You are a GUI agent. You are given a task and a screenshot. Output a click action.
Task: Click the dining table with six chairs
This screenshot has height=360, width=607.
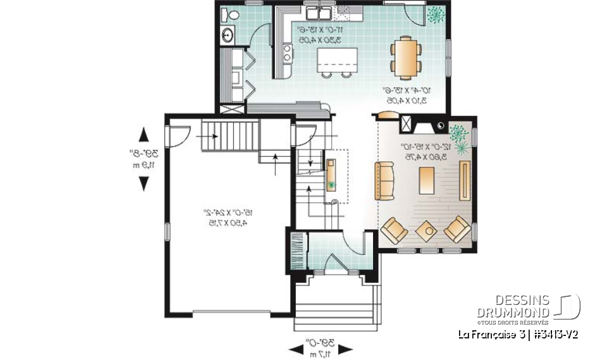tap(405, 57)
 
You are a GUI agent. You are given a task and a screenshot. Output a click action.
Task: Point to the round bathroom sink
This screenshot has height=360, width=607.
tap(226, 35)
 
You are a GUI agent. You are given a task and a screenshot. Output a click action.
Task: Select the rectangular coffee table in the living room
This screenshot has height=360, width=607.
tap(427, 180)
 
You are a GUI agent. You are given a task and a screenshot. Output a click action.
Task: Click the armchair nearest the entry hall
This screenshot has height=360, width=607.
tap(395, 230)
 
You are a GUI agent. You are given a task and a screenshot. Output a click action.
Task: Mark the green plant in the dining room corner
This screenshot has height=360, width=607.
tap(435, 14)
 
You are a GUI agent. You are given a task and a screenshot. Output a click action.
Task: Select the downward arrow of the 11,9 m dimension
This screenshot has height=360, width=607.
tap(144, 183)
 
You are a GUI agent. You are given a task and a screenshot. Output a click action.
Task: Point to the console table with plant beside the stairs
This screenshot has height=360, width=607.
tap(331, 174)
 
